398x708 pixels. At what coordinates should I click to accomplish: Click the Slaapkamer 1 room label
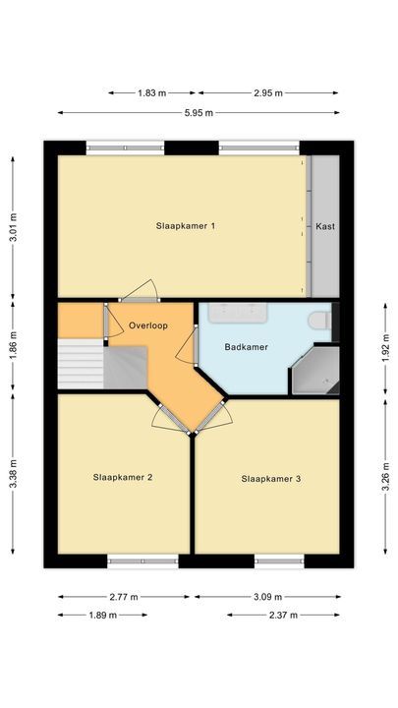pos(186,226)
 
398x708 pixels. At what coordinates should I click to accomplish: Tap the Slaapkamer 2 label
pos(123,478)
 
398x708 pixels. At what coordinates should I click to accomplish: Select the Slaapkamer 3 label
pos(271,479)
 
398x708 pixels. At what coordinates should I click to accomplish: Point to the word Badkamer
pos(246,346)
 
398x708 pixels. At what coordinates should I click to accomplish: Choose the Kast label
pos(325,226)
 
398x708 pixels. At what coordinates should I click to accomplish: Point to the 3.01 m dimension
pos(14,227)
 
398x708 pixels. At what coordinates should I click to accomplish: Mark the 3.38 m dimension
pos(14,481)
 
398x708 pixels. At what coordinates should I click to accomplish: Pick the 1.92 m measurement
pos(384,347)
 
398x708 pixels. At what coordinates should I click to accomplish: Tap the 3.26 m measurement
pos(384,481)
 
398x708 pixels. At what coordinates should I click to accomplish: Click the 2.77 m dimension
pos(124,597)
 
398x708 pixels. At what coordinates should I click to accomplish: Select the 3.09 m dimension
pos(267,597)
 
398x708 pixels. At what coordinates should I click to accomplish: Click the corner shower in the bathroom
pos(316,371)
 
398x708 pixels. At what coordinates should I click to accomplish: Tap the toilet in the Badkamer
pos(319,321)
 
